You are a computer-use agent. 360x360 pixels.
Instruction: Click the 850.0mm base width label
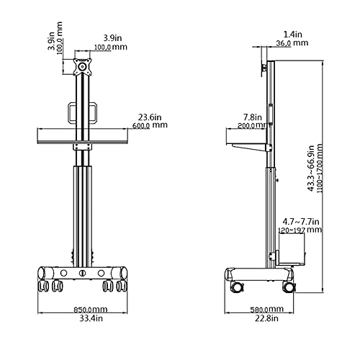coord(90,310)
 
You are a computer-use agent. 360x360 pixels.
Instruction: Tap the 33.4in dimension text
coord(91,318)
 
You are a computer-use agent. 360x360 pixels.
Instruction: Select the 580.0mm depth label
coord(266,310)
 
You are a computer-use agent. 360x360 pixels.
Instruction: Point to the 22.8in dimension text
coord(266,318)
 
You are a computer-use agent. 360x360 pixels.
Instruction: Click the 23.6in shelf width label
coord(150,117)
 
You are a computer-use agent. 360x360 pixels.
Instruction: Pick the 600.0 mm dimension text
coord(150,125)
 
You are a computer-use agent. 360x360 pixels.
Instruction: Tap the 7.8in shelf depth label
coord(253,117)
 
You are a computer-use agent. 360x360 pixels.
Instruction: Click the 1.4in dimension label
coord(293,35)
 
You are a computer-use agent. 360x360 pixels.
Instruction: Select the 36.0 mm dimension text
coord(292,43)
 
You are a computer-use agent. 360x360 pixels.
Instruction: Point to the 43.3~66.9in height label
coord(311,168)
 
